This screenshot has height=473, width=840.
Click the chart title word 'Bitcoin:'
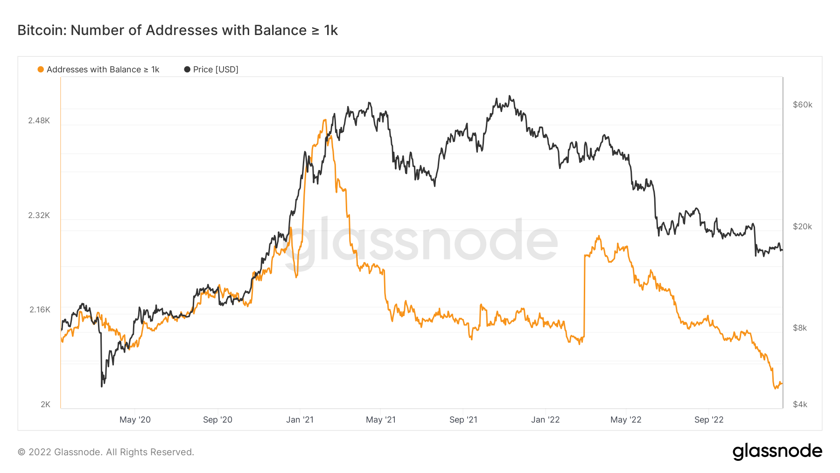tap(42, 30)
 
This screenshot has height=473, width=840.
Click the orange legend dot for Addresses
tap(41, 70)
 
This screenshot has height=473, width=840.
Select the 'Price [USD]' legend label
tap(216, 70)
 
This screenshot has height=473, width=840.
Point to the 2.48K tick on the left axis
tap(39, 120)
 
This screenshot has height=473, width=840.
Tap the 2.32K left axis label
tap(39, 215)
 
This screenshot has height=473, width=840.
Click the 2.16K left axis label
tap(40, 310)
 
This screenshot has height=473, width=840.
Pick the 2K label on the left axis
tap(45, 404)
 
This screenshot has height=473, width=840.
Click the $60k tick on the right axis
tap(802, 105)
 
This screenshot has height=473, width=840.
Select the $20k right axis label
tap(802, 226)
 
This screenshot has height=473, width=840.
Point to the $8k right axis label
tap(800, 328)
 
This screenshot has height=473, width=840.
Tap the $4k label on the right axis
tap(800, 404)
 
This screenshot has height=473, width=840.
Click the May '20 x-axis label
tap(135, 420)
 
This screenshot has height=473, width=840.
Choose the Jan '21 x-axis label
tap(300, 420)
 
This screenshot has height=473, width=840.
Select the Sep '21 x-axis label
tap(463, 420)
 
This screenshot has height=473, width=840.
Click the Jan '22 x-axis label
tap(545, 420)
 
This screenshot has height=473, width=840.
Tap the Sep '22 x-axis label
tap(708, 420)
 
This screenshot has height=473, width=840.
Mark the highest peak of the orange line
tap(325, 120)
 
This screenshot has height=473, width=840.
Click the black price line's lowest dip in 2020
tap(102, 386)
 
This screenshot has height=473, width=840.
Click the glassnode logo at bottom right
tap(777, 452)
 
